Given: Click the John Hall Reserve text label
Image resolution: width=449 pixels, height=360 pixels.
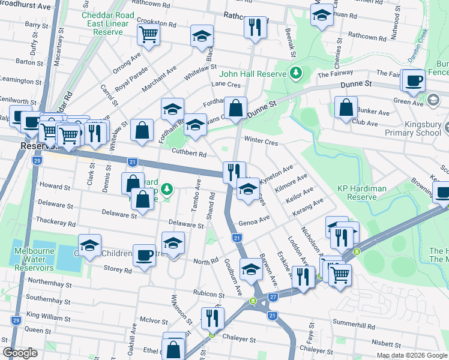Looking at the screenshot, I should coord(253,74).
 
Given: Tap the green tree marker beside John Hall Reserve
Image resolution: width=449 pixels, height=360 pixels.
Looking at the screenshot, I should coord(295,73).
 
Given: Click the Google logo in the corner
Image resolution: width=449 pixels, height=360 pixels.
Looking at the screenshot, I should coord(20,353).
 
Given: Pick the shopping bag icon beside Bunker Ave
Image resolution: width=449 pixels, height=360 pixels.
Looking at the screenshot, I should coord(346,108).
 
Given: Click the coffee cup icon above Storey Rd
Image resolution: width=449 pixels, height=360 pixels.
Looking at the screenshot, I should coord(144,255).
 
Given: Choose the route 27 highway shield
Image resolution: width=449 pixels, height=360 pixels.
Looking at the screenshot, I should coord(273,296).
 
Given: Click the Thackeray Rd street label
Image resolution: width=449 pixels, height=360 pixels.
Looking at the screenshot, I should coord(56,223).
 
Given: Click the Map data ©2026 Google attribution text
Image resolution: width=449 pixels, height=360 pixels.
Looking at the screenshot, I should coord(412,355).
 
